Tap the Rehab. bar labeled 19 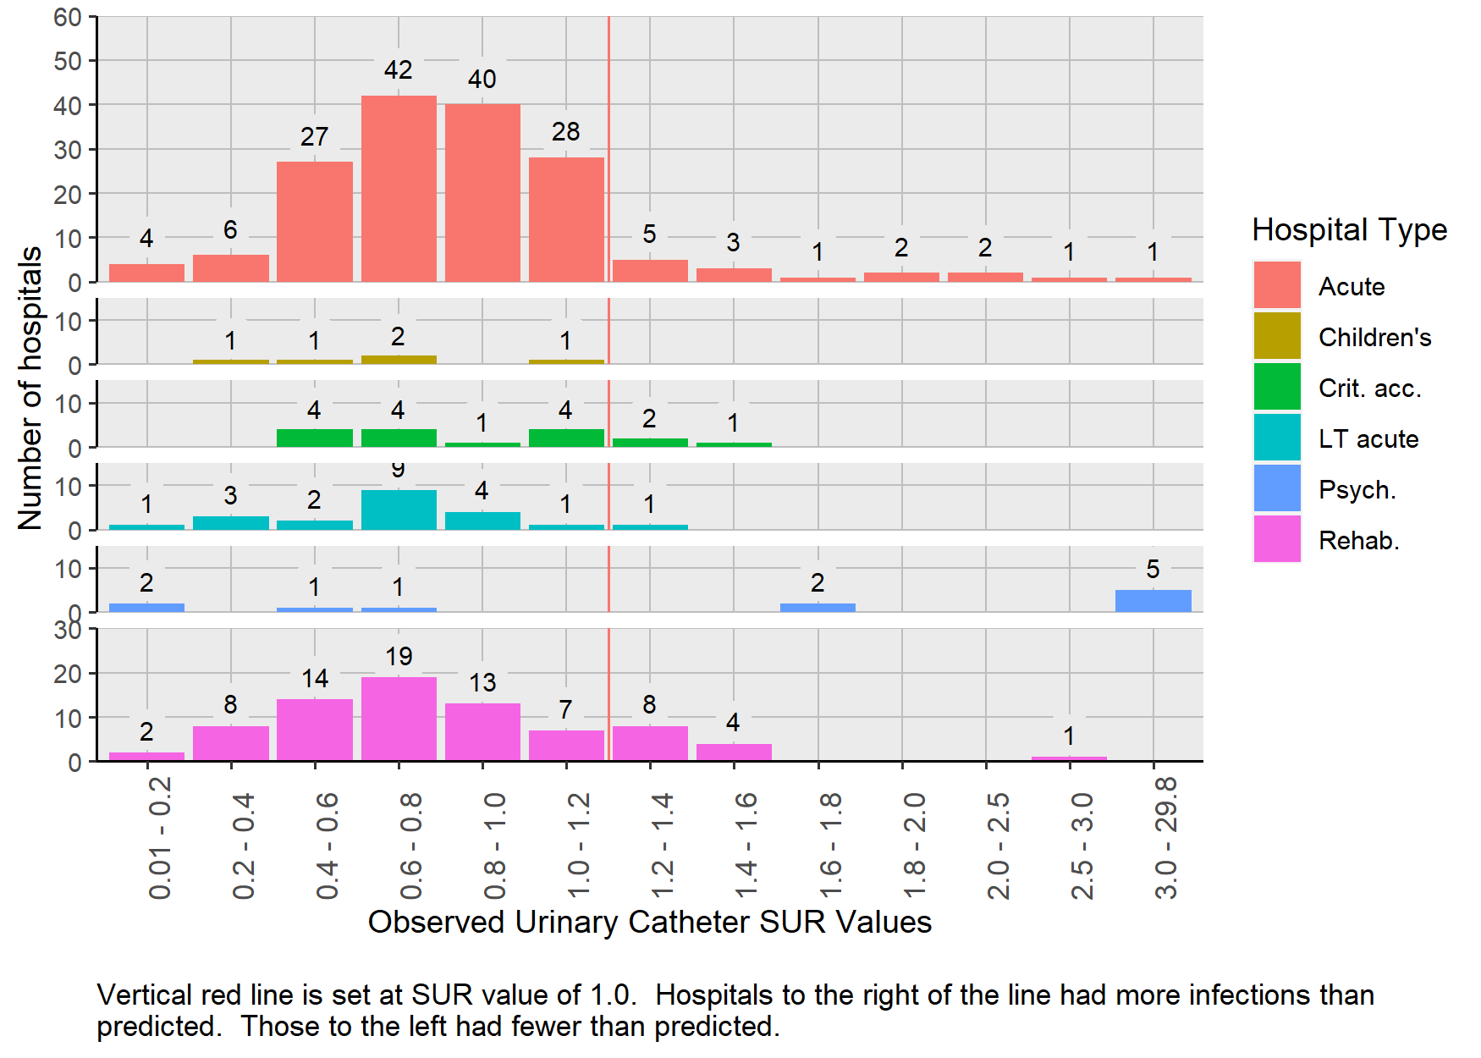point(399,719)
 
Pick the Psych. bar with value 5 point(1153,601)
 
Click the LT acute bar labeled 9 point(399,510)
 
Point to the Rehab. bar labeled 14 point(315,730)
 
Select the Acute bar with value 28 point(566,219)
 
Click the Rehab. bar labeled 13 point(482,732)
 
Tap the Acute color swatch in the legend point(1277,285)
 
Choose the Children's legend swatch point(1277,336)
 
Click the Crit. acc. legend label point(1369,388)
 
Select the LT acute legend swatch point(1277,438)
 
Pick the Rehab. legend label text point(1358,540)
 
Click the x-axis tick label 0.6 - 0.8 point(410,846)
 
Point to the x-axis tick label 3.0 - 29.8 point(1165,837)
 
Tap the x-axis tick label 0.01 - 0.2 point(159,837)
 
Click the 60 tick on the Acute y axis point(68,17)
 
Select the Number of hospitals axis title point(30,388)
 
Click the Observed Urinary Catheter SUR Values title point(649,922)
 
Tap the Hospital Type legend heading point(1349,229)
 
